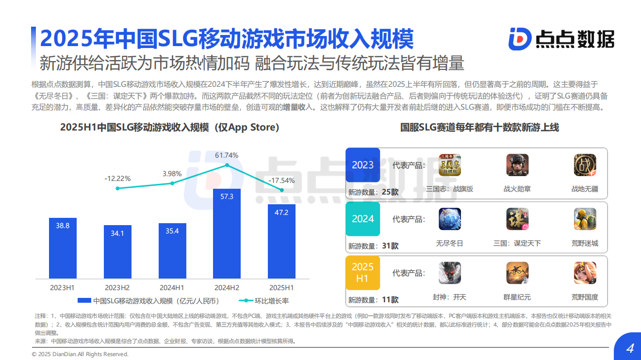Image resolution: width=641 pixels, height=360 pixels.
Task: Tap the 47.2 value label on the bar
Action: pyautogui.click(x=281, y=213)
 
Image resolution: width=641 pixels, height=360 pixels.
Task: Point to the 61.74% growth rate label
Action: pyautogui.click(x=227, y=155)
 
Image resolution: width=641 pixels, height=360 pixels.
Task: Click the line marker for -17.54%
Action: pyautogui.click(x=282, y=190)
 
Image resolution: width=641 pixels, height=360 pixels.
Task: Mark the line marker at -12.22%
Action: pyautogui.click(x=117, y=188)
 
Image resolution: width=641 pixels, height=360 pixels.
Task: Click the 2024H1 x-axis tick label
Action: pyautogui.click(x=172, y=287)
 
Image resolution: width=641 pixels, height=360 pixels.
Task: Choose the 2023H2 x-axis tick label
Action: pyautogui.click(x=117, y=287)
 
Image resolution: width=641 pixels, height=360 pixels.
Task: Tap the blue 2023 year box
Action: pyautogui.click(x=363, y=165)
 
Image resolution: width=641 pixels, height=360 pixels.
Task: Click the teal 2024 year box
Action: pyautogui.click(x=363, y=219)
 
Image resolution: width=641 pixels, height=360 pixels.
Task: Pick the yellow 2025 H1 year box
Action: pyautogui.click(x=363, y=273)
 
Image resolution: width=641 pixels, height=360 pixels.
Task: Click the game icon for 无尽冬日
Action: pyautogui.click(x=450, y=219)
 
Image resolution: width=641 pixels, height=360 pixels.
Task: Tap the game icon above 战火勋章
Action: pyautogui.click(x=517, y=165)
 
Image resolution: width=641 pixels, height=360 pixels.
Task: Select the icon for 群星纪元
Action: pyautogui.click(x=517, y=273)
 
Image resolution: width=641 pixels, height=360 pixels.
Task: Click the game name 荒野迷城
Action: pyautogui.click(x=585, y=243)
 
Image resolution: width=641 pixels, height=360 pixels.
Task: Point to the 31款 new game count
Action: pyautogui.click(x=390, y=246)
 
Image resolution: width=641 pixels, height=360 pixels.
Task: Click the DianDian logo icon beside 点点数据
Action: pyautogui.click(x=520, y=39)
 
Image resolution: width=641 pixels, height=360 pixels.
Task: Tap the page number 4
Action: pyautogui.click(x=630, y=348)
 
